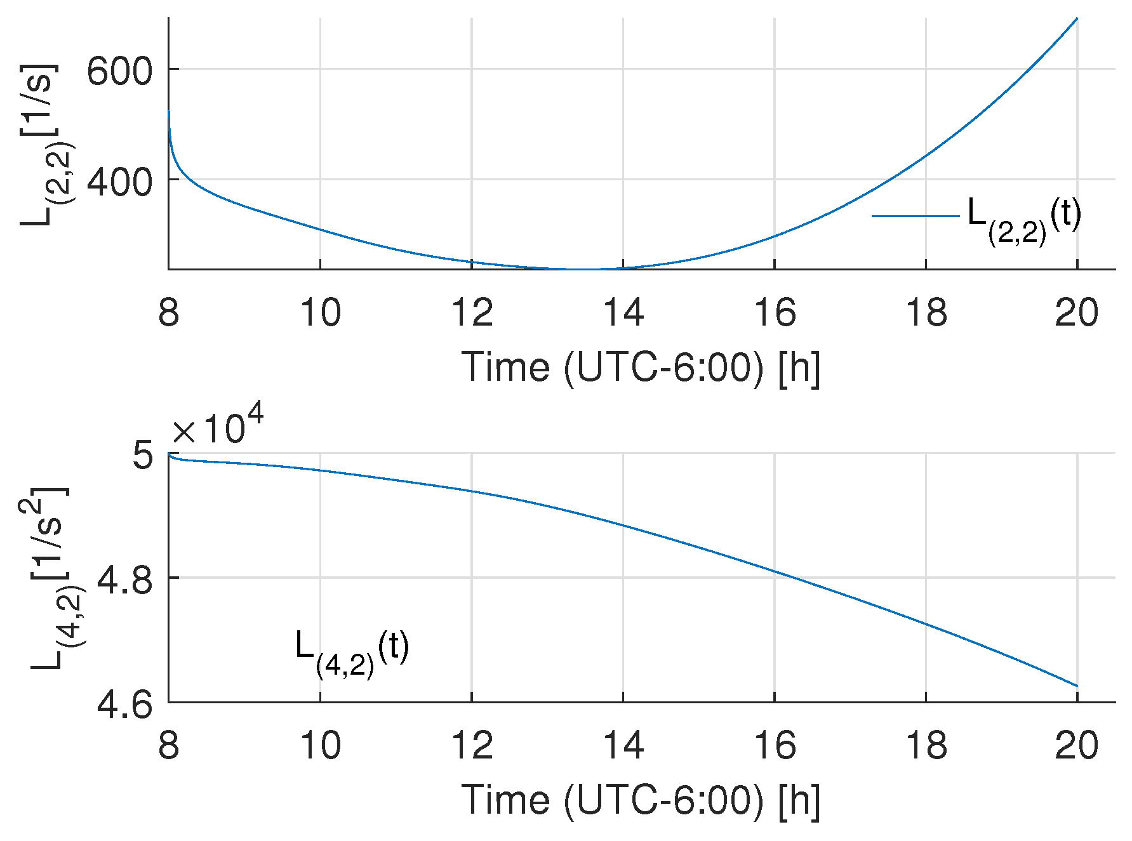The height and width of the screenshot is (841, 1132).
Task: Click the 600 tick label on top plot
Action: click(x=119, y=71)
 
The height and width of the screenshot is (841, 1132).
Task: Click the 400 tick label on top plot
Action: click(x=119, y=182)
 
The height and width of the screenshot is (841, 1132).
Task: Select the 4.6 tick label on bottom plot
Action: click(x=124, y=705)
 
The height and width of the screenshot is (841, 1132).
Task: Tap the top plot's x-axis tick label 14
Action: click(x=623, y=313)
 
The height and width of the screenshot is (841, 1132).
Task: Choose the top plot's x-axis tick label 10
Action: click(x=320, y=313)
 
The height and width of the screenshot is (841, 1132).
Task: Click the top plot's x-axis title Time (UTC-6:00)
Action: click(x=641, y=368)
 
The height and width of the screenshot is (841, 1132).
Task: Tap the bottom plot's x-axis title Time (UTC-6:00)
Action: click(x=641, y=800)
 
